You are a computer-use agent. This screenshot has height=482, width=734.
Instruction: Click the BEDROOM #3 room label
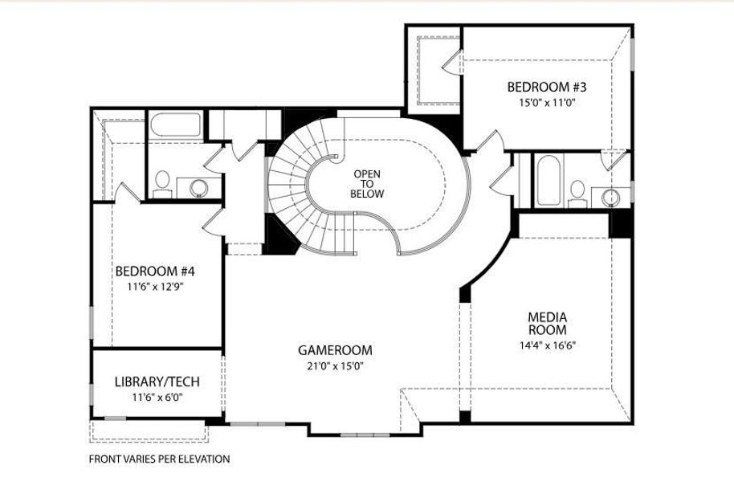547,87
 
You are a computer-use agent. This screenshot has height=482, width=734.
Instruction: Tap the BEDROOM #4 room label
155,272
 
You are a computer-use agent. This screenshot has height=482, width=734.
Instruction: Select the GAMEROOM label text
335,350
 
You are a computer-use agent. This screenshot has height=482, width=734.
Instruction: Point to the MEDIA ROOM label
547,324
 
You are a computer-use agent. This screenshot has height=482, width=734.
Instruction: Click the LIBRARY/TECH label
157,382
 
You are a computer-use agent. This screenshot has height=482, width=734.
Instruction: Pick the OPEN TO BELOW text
367,184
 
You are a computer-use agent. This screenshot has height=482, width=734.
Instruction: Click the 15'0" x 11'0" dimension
547,103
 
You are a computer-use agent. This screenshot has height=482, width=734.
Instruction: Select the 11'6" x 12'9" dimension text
155,287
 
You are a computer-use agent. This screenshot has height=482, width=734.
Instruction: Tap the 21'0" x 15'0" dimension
335,366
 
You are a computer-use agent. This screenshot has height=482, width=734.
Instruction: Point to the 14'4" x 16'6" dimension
547,345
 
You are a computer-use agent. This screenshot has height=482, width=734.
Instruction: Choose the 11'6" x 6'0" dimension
157,398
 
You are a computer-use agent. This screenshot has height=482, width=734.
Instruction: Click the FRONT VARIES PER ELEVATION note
159,459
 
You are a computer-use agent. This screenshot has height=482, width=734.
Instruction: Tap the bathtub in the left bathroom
176,125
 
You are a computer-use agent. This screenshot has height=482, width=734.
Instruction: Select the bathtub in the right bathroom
548,180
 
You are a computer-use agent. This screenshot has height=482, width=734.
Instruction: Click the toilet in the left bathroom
162,184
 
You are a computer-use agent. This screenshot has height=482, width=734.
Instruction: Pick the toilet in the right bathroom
577,194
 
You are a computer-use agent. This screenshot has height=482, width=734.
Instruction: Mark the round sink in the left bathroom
199,188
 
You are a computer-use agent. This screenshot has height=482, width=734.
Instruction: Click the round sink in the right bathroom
610,197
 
